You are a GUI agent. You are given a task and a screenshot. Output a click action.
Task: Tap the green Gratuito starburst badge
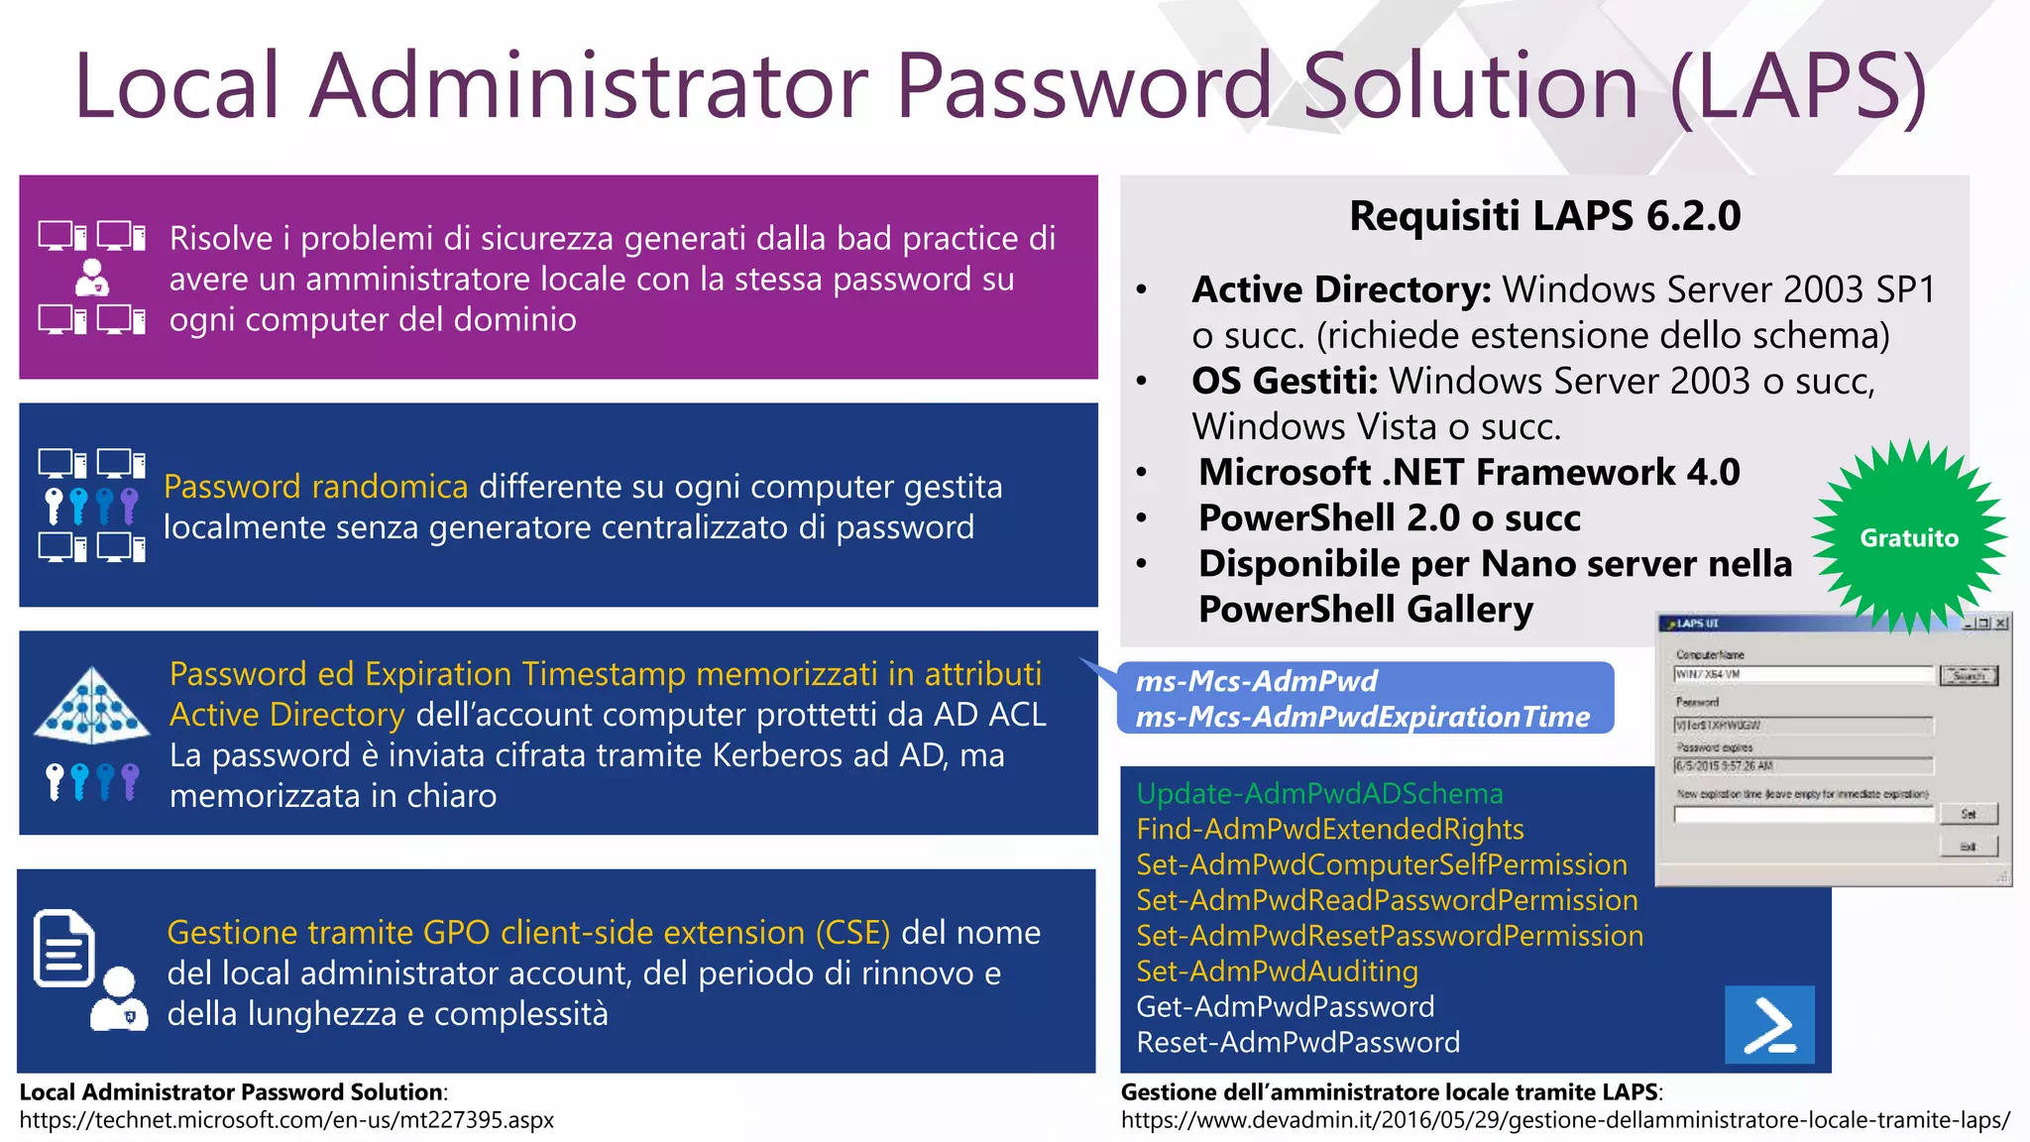point(1908,537)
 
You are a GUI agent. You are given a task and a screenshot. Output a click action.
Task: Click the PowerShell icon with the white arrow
point(1769,1024)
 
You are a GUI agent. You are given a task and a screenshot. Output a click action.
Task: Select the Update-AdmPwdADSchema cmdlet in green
point(1319,794)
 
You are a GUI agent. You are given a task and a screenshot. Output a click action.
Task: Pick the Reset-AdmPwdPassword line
point(1297,1043)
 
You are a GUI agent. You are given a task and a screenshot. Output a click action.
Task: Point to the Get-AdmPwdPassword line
point(1285,1007)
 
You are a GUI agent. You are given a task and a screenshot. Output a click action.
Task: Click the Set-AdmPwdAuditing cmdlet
point(1277,971)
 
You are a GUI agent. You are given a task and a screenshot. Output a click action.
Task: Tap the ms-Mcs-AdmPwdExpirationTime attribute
point(1362,717)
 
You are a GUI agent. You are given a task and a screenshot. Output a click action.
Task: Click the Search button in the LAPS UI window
point(1968,676)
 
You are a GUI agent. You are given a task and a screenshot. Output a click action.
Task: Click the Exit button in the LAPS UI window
point(1968,847)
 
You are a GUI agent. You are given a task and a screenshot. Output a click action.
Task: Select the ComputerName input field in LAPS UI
point(1803,675)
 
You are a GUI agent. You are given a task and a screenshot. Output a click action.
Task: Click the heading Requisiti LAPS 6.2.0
point(1544,216)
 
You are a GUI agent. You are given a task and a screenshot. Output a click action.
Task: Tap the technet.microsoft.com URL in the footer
point(286,1120)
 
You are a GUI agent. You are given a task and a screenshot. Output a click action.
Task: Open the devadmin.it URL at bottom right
point(1565,1120)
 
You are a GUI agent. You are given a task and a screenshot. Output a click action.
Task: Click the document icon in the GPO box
point(64,949)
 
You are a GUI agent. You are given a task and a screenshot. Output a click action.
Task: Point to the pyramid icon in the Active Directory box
point(91,706)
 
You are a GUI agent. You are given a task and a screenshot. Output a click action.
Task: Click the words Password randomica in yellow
point(315,487)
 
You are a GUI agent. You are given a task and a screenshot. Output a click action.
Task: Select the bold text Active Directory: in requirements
point(1341,289)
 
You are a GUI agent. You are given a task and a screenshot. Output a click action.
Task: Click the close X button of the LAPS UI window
point(2001,623)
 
